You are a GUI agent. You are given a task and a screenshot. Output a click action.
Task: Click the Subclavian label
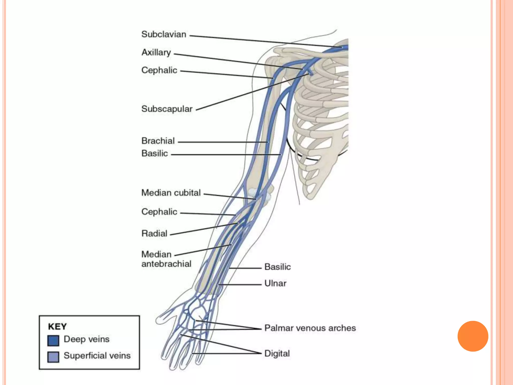click(164, 34)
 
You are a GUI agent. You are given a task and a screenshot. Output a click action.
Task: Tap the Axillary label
click(156, 52)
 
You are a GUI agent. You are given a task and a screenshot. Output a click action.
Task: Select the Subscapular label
click(167, 109)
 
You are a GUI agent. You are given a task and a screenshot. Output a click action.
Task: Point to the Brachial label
click(158, 141)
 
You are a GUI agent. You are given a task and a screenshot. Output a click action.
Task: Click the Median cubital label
click(171, 192)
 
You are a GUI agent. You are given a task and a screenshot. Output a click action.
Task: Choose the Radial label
click(154, 233)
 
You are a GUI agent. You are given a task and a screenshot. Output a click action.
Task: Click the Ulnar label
click(275, 283)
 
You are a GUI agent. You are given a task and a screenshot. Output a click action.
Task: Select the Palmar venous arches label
click(310, 328)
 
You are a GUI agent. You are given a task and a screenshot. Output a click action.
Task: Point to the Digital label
click(277, 353)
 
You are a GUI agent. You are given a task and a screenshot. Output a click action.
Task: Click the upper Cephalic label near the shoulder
click(159, 70)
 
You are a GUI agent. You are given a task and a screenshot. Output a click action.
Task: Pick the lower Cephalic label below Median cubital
click(159, 212)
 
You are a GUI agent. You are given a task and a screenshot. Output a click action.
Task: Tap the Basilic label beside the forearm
click(278, 267)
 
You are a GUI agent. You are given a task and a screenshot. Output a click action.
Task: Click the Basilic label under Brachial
click(155, 153)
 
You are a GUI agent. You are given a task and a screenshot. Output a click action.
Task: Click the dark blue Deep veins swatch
click(53, 340)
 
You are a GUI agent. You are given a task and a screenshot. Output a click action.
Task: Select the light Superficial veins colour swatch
click(53, 357)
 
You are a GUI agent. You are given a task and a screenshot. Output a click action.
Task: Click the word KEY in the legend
click(57, 327)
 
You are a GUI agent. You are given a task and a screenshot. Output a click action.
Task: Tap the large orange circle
click(473, 336)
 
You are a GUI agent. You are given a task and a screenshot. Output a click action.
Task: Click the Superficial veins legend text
click(97, 355)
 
